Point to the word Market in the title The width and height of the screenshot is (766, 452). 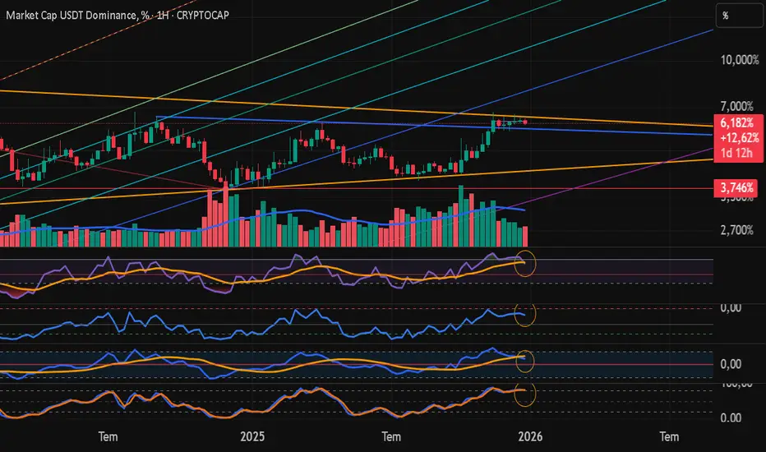(25, 15)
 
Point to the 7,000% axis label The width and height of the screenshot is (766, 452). (734, 107)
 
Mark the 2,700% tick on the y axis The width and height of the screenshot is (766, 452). (734, 231)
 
